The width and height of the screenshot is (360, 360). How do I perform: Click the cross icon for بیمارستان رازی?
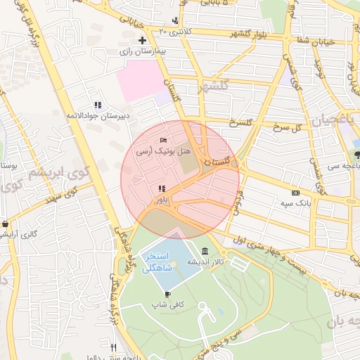click(x=143, y=40)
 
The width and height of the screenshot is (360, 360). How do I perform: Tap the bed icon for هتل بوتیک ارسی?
click(x=164, y=140)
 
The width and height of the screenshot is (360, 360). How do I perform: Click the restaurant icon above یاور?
click(x=162, y=188)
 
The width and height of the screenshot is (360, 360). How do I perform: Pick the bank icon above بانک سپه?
click(x=295, y=193)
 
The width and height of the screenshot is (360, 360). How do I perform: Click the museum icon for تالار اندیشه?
click(x=205, y=251)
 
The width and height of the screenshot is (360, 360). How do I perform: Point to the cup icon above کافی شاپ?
click(x=167, y=294)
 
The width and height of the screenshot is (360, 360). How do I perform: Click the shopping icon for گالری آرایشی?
click(x=6, y=224)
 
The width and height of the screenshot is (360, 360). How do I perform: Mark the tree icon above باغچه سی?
click(x=357, y=154)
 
